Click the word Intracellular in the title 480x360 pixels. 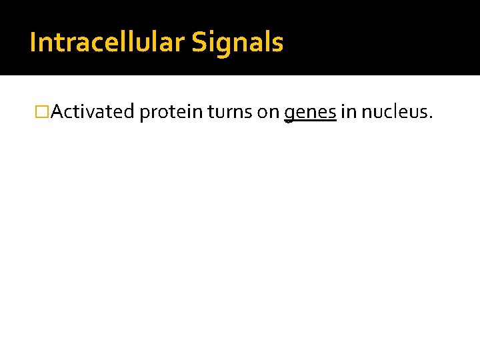tap(107, 43)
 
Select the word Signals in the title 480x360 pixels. tap(237, 43)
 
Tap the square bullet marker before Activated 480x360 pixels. tap(43, 113)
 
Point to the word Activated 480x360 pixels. tap(93, 112)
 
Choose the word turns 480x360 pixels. tap(230, 112)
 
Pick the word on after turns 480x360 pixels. tap(268, 113)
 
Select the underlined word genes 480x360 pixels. tap(310, 113)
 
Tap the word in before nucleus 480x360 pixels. tap(348, 112)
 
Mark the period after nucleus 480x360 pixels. tap(431, 118)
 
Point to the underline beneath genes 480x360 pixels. tap(310, 122)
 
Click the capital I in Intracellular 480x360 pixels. tap(33, 43)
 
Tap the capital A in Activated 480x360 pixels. tap(57, 112)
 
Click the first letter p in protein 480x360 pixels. tap(145, 114)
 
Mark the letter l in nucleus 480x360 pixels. tap(400, 111)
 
